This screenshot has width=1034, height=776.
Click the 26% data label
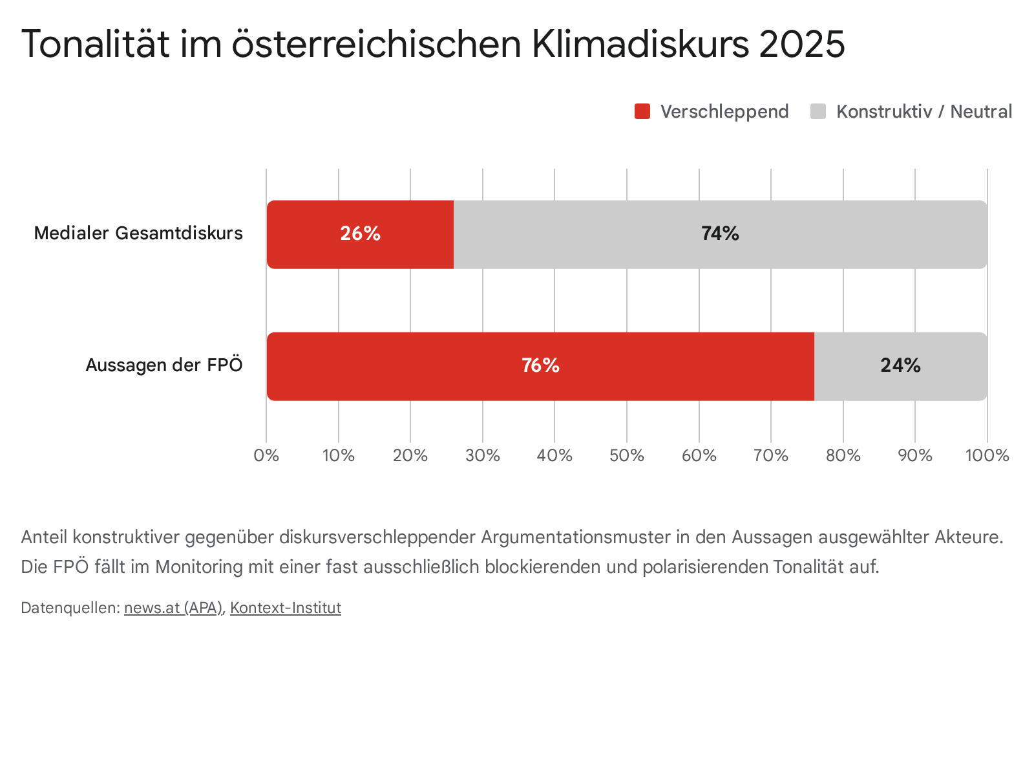click(360, 233)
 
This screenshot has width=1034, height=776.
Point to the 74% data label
click(720, 233)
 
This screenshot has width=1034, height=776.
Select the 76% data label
click(540, 366)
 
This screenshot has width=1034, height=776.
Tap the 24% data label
click(900, 366)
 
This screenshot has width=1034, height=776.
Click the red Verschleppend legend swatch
click(642, 111)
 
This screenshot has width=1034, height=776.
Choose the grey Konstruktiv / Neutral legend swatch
click(818, 111)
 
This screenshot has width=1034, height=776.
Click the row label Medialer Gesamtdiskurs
click(138, 233)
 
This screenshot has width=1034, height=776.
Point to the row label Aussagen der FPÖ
click(164, 366)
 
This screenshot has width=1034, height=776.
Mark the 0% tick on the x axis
click(266, 456)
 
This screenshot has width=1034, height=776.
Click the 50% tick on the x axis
click(627, 456)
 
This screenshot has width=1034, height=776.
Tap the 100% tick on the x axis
click(987, 456)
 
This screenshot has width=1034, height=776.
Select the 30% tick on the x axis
click(483, 456)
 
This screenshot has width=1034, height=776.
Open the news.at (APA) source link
click(173, 608)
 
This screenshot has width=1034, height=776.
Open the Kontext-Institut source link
click(286, 608)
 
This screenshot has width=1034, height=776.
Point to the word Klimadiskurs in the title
click(640, 44)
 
